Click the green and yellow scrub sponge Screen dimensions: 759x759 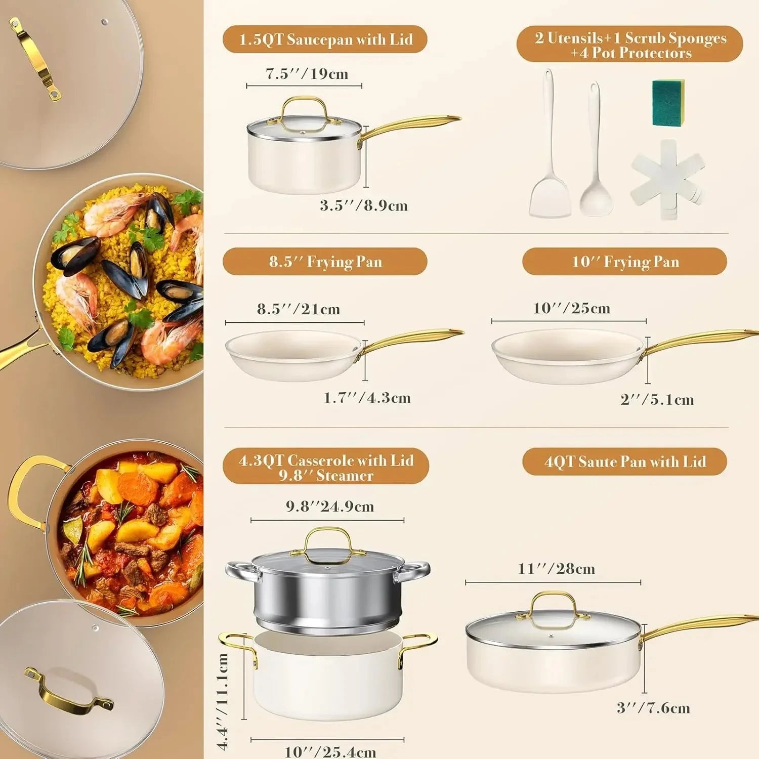tap(668, 103)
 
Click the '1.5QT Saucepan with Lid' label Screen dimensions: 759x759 tap(325, 39)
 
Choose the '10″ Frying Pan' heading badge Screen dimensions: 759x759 tap(624, 262)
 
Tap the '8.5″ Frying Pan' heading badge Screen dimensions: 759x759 tap(325, 262)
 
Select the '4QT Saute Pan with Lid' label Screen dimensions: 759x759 tap(624, 461)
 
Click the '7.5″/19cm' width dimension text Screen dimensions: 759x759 tap(307, 74)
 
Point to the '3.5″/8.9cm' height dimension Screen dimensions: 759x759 tap(363, 205)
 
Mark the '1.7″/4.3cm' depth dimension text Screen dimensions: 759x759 tap(367, 398)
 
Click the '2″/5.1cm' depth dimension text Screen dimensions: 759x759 tap(657, 400)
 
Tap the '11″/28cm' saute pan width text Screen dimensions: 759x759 tap(556, 569)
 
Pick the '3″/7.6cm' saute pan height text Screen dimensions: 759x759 tap(653, 708)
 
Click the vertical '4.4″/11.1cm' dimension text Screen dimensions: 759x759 tap(223, 701)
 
